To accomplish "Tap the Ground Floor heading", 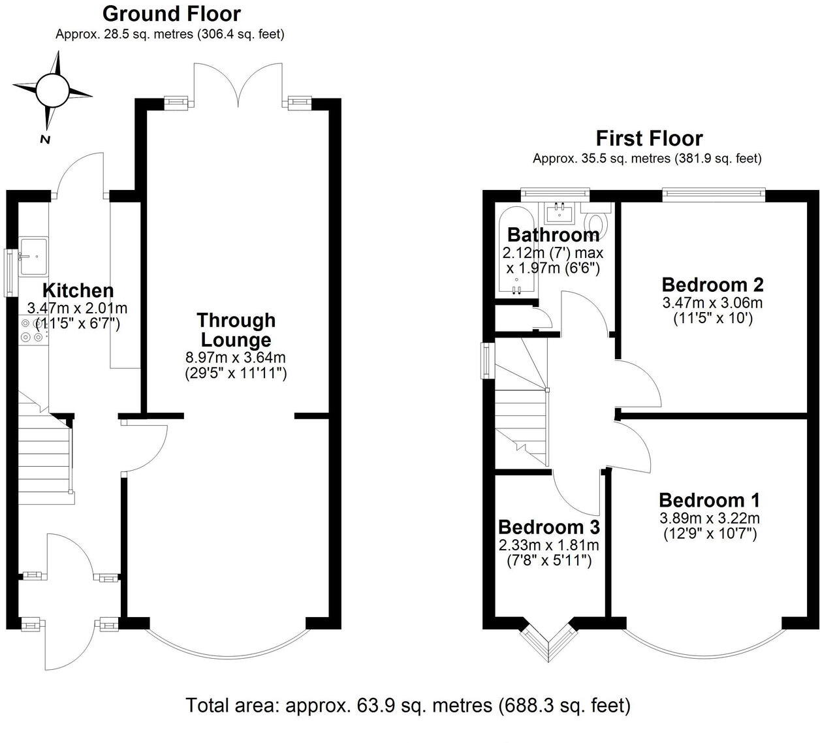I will click(x=172, y=14).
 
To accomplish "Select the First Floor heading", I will click(x=649, y=138).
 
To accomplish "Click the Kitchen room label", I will click(x=78, y=291).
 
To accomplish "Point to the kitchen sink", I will click(x=33, y=255).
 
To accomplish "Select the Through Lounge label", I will click(x=236, y=330).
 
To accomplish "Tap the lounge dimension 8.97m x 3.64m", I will click(x=236, y=358).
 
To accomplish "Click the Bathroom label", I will click(x=553, y=234).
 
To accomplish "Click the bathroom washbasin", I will click(x=560, y=212).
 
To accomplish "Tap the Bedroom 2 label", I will click(x=712, y=285).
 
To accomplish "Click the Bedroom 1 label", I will click(x=709, y=500).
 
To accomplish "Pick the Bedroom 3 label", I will click(x=548, y=526).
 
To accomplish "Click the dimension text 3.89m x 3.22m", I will click(x=709, y=518).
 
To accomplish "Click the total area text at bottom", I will click(x=408, y=706).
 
